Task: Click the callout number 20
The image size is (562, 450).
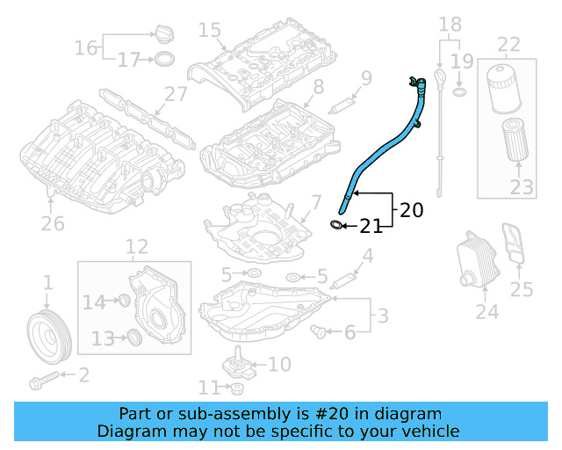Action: (x=411, y=210)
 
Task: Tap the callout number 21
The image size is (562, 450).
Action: (x=371, y=227)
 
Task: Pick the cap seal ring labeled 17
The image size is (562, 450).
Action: (x=163, y=60)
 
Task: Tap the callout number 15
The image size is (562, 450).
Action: (x=209, y=31)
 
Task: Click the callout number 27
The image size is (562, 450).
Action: (x=176, y=95)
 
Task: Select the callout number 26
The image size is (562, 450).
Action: (x=53, y=223)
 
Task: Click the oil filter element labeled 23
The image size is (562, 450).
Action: (x=515, y=142)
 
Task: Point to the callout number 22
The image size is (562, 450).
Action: (x=509, y=44)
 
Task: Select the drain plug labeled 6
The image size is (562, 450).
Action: (x=320, y=330)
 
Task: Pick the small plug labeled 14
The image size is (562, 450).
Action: (x=124, y=302)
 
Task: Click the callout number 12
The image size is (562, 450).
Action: (x=136, y=247)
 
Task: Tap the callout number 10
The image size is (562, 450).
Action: (x=278, y=363)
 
